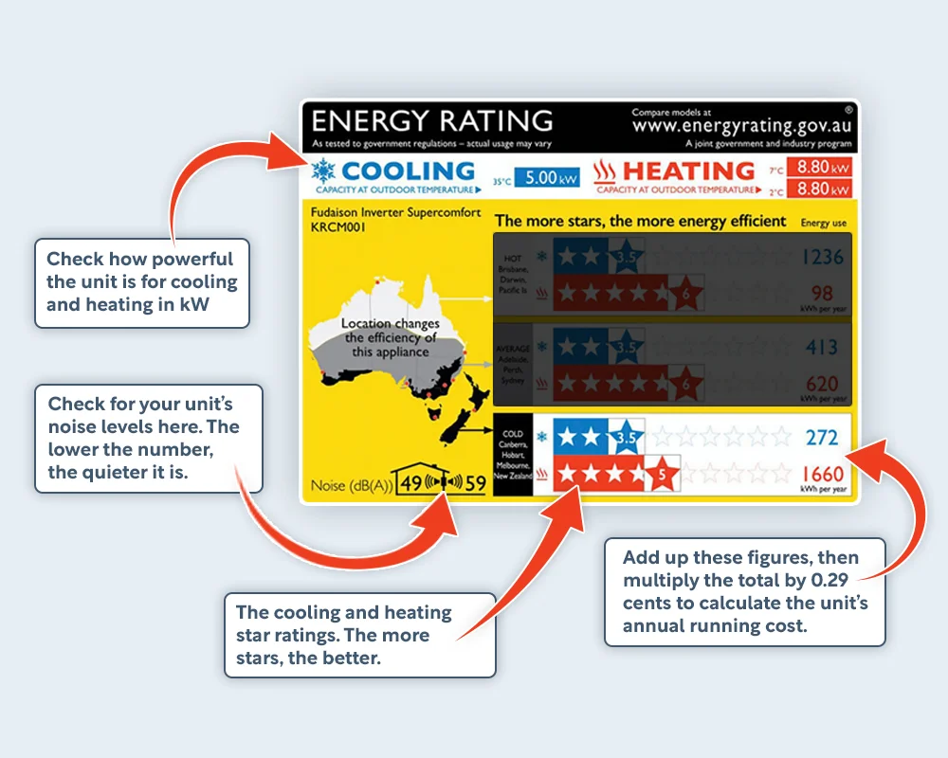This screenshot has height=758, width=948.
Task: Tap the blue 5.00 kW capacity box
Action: (548, 177)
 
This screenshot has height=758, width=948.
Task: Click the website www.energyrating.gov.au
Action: (742, 125)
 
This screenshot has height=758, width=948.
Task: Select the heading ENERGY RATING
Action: (431, 121)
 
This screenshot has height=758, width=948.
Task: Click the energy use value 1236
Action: (820, 257)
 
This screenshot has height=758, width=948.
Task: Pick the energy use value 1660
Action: (820, 474)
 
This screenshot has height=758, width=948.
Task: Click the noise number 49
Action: (410, 483)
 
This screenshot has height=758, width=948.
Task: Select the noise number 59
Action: (475, 483)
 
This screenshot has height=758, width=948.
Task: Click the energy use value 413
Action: (822, 348)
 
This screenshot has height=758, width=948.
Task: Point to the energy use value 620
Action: (821, 384)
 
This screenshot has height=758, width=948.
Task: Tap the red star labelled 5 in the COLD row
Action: (664, 474)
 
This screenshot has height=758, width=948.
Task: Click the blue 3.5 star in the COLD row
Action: (627, 438)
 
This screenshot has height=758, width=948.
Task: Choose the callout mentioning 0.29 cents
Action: (744, 592)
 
